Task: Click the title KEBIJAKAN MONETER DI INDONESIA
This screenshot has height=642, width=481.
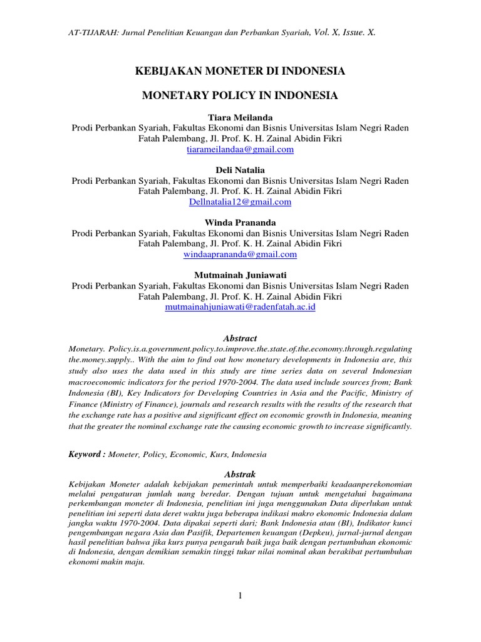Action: coord(240,72)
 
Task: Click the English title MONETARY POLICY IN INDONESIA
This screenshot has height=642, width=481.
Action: coord(240,96)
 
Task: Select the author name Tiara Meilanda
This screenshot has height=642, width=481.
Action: coord(240,118)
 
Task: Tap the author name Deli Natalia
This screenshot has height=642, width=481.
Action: coord(240,170)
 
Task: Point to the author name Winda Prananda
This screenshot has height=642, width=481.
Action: coord(240,223)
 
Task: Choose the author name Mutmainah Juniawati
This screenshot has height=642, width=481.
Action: coord(240,275)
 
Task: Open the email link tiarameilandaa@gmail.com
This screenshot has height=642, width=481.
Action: coord(240,150)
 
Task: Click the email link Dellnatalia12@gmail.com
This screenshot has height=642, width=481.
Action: coord(240,202)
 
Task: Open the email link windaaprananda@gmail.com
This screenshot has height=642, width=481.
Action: coord(240,255)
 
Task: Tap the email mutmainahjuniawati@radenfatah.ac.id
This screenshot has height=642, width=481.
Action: coord(240,307)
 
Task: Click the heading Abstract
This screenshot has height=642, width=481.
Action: coord(240,338)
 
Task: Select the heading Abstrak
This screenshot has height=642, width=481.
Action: coord(240,474)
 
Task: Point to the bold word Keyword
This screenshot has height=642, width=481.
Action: coord(86,454)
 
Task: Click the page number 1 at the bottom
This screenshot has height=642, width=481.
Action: coord(240,596)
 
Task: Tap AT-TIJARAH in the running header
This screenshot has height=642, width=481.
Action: coord(90,32)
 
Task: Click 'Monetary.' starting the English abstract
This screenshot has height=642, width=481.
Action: coord(86,348)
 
